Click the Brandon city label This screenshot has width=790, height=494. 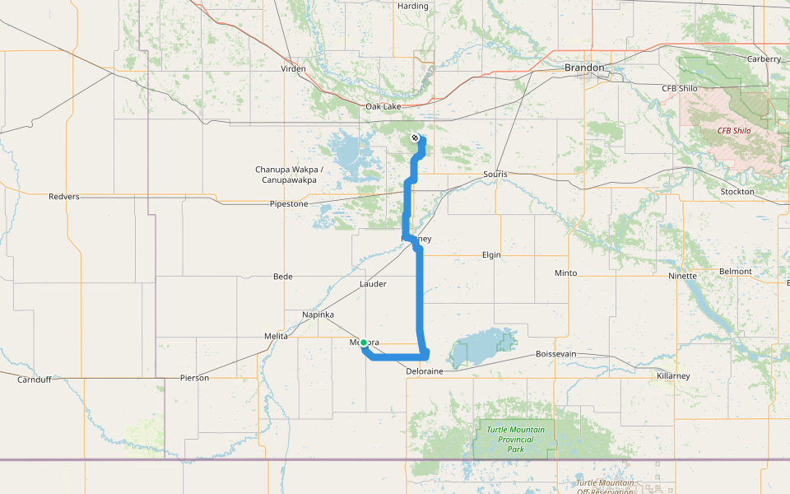[x=585, y=68]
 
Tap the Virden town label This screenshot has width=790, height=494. [x=293, y=69]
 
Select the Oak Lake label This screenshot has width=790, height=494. [x=383, y=106]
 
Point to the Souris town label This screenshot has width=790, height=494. [x=495, y=175]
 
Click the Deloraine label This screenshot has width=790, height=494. [x=425, y=371]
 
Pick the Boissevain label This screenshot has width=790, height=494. [x=555, y=353]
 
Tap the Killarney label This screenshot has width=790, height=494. [x=673, y=375]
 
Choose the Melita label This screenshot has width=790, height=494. [x=276, y=336]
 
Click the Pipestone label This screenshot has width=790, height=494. [x=289, y=203]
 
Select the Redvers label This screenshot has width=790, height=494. [x=64, y=197]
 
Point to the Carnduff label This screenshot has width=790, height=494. [x=35, y=380]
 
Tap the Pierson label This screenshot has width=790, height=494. [x=194, y=378]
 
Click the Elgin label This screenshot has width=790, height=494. [x=491, y=255]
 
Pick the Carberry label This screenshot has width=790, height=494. [x=764, y=59]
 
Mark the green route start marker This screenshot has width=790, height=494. [x=364, y=343]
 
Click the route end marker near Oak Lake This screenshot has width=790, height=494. [x=415, y=137]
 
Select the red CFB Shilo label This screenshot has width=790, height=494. [x=735, y=130]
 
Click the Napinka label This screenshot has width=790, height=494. [x=318, y=315]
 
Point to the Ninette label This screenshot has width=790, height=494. [x=682, y=276]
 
